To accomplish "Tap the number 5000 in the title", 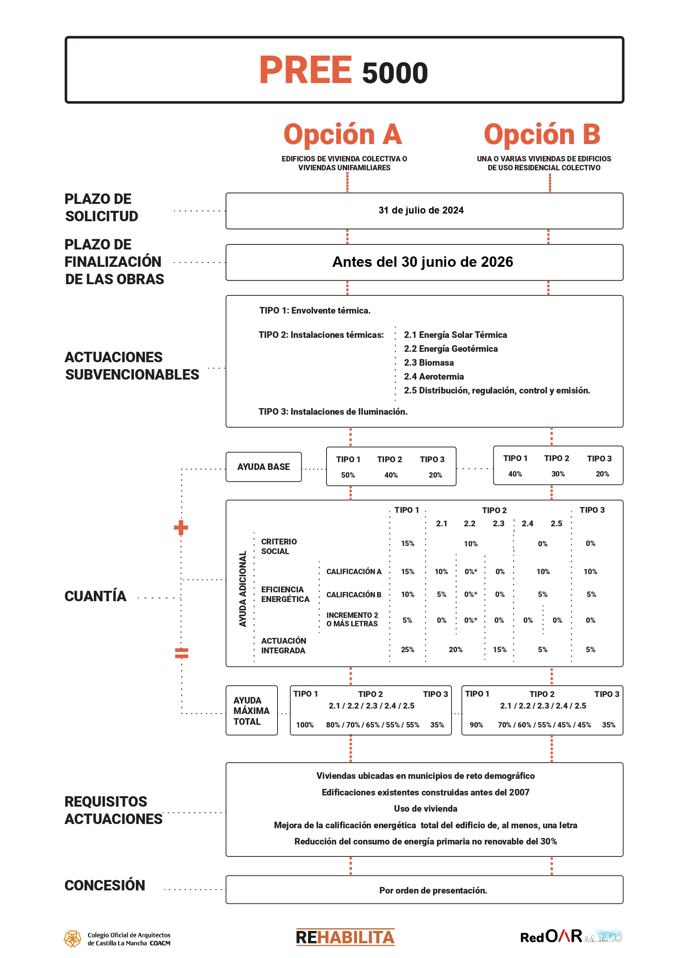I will (394, 73).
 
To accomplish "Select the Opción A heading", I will (342, 134).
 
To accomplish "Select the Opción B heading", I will (542, 134).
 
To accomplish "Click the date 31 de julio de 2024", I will (420, 210).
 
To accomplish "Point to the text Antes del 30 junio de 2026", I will (422, 262).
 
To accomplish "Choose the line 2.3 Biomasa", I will (428, 363).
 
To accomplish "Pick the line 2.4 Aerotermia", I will (433, 376).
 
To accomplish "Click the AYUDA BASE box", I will (263, 466).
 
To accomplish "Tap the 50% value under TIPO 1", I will (348, 475).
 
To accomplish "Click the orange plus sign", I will (181, 527).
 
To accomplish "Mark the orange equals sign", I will (181, 653).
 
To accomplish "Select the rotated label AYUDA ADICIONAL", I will (242, 589).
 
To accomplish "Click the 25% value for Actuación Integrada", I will (407, 649).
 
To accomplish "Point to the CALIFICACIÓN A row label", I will (353, 571).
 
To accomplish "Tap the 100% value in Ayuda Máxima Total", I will (305, 725).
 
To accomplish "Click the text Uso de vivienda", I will (425, 809).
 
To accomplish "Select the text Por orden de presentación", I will (433, 890).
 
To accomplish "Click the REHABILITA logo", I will (345, 937).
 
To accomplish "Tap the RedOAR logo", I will (551, 937).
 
